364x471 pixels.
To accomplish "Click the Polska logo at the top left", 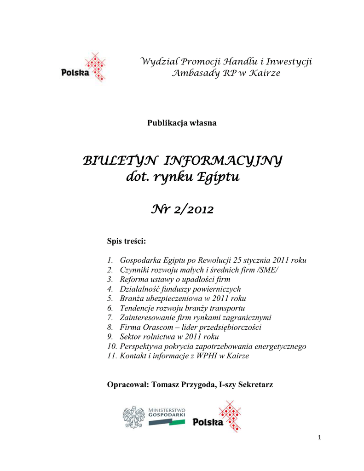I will click(x=83, y=68).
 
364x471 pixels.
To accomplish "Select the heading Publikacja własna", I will click(x=181, y=123).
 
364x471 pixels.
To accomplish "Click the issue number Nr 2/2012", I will click(x=182, y=210).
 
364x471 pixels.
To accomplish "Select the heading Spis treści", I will click(x=126, y=241).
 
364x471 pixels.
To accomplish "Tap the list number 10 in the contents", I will click(x=111, y=346).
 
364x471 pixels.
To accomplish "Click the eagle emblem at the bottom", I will click(x=134, y=417).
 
